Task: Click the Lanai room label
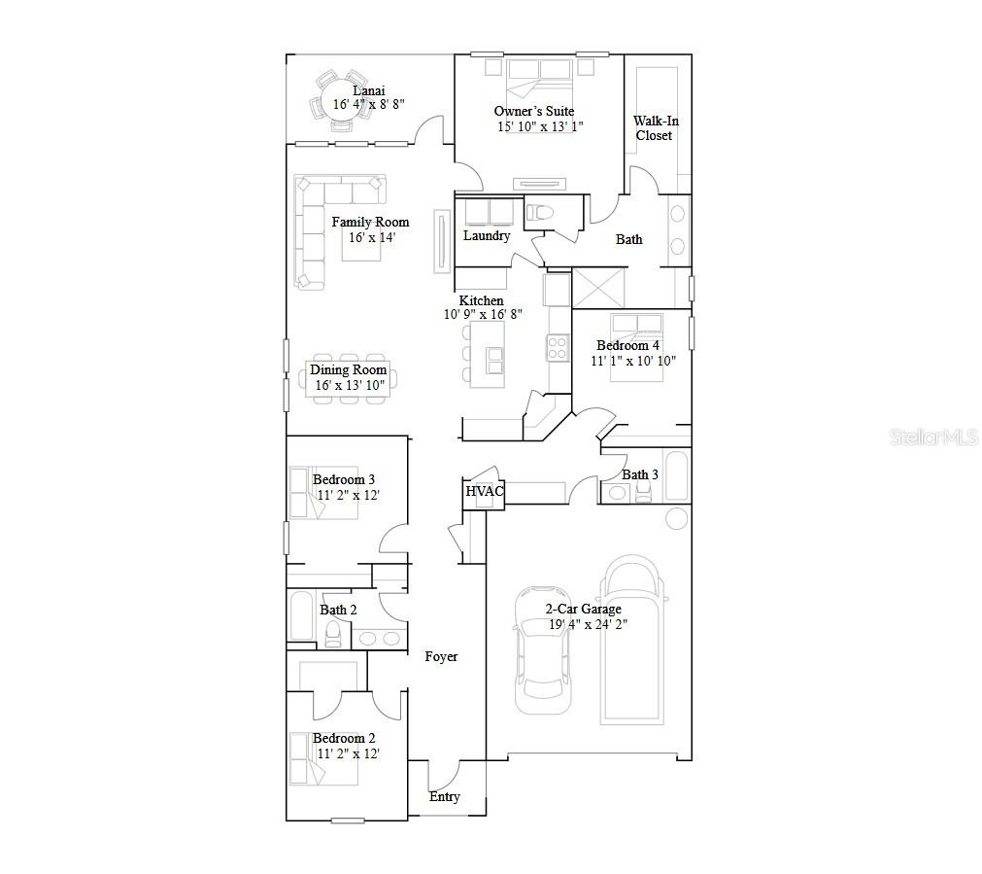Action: coord(369,91)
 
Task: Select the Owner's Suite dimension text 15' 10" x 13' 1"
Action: coord(540,126)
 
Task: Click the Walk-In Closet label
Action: coord(655,128)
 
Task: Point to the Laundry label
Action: coord(487,235)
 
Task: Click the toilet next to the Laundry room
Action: coord(539,213)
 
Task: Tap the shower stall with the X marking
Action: coord(598,288)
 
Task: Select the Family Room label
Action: coord(370,222)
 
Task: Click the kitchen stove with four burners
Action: coord(558,348)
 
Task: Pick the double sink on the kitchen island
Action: coord(494,361)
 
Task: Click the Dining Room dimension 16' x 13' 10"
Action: coord(350,385)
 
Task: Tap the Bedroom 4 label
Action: coord(627,345)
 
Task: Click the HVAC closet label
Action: coord(484,491)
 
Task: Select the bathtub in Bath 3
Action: coord(676,475)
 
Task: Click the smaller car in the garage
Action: coord(543,650)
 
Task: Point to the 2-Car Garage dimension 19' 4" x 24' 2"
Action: coord(588,624)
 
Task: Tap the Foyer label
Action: coord(441,656)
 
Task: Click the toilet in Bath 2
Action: coord(333,634)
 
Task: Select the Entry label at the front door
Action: coord(444,797)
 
